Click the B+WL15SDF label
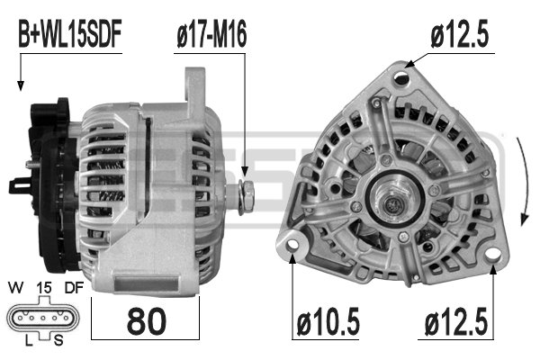click(x=70, y=35)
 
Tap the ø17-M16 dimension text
click(x=211, y=35)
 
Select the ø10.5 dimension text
click(x=328, y=322)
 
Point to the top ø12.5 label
click(x=459, y=35)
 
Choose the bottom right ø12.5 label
click(x=456, y=322)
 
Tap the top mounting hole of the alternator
click(x=402, y=77)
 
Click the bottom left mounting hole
click(x=292, y=245)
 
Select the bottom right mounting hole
click(x=492, y=256)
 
